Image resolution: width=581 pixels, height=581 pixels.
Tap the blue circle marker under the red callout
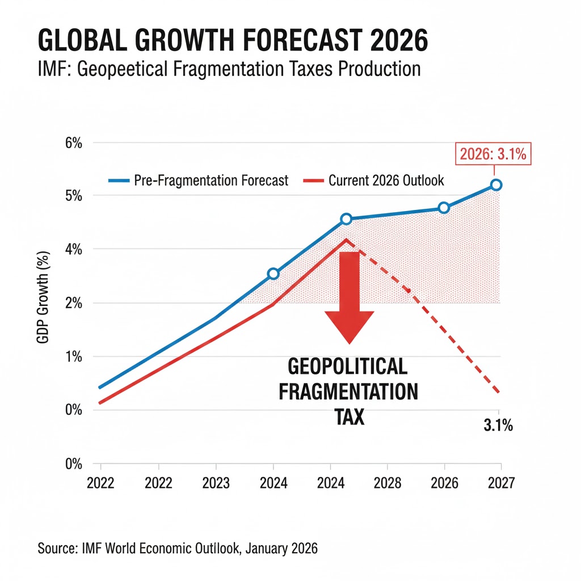(496, 185)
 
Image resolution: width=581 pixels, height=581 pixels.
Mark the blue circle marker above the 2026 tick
(444, 208)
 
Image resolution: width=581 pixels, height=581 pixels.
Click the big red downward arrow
(350, 295)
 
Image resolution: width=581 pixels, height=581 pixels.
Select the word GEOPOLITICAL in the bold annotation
(347, 367)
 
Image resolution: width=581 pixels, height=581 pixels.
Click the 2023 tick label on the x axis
(216, 483)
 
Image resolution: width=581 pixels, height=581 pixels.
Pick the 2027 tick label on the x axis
(500, 483)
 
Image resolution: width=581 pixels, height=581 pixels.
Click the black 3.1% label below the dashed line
(498, 426)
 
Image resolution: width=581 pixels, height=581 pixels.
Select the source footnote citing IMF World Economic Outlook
(178, 549)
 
